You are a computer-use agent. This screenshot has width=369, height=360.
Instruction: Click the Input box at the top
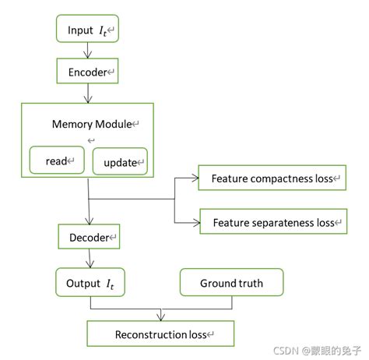(x=87, y=30)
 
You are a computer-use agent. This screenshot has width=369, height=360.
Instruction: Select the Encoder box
(x=87, y=72)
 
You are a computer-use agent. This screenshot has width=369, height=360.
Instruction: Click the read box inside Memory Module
(x=56, y=161)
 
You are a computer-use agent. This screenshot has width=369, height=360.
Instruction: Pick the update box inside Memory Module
(x=119, y=162)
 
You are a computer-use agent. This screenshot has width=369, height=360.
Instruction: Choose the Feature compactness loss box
(x=270, y=178)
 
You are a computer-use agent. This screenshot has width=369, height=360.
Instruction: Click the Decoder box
(x=89, y=237)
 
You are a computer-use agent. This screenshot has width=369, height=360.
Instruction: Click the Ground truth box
(x=231, y=282)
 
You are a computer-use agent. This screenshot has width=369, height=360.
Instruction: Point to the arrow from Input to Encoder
(x=87, y=51)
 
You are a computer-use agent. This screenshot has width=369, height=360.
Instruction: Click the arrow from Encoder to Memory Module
(x=87, y=93)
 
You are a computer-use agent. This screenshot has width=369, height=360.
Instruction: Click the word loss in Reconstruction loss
(x=195, y=334)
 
